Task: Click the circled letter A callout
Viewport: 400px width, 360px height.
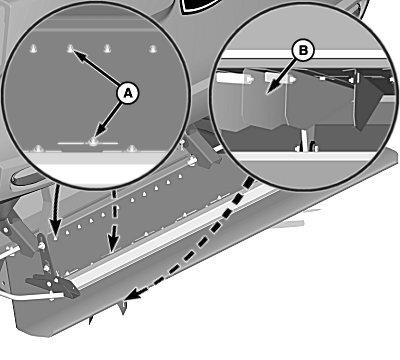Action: (128, 93)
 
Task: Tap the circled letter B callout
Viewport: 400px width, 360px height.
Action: (303, 51)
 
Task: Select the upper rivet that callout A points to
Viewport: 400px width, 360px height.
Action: (70, 49)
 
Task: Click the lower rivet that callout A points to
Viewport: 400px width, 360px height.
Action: (93, 142)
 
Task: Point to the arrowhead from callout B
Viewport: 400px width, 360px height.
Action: (271, 89)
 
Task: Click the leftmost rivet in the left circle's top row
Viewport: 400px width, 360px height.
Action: (33, 49)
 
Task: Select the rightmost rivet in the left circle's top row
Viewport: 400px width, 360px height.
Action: (153, 49)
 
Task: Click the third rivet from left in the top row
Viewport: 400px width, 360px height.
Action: (107, 49)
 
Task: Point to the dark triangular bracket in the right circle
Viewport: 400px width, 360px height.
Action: (367, 102)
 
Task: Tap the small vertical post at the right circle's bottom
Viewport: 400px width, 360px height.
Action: (305, 140)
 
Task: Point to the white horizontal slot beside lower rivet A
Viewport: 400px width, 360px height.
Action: (88, 143)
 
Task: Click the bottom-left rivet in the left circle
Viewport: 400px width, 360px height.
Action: (39, 148)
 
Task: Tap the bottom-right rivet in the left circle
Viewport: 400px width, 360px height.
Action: (132, 148)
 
